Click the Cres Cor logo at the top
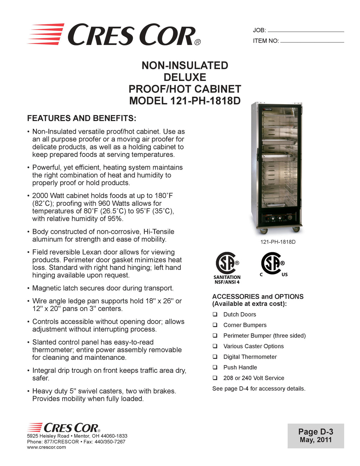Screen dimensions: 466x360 pyautogui.click(x=114, y=34)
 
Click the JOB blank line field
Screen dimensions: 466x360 pyautogui.click(x=306, y=31)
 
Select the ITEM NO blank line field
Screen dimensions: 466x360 pyautogui.click(x=312, y=42)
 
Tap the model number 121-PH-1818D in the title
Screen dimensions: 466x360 pyautogui.click(x=205, y=101)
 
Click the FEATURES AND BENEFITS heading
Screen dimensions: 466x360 pyautogui.click(x=82, y=118)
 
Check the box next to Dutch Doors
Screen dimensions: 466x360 pyautogui.click(x=215, y=314)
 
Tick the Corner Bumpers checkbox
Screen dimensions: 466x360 pyautogui.click(x=215, y=325)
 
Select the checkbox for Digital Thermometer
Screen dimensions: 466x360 pyautogui.click(x=215, y=357)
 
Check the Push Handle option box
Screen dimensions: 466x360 pyautogui.click(x=215, y=367)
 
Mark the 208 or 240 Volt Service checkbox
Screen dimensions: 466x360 pyautogui.click(x=215, y=378)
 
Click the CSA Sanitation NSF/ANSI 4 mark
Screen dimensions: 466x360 pyautogui.click(x=227, y=267)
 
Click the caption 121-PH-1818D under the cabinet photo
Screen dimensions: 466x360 pyautogui.click(x=278, y=242)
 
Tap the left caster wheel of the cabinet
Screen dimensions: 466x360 pyautogui.click(x=262, y=231)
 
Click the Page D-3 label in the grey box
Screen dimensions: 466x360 pyautogui.click(x=316, y=432)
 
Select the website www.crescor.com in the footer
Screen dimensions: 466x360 pyautogui.click(x=46, y=447)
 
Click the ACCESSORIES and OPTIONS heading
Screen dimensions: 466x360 pyautogui.click(x=258, y=296)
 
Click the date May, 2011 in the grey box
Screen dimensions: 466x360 pyautogui.click(x=316, y=440)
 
